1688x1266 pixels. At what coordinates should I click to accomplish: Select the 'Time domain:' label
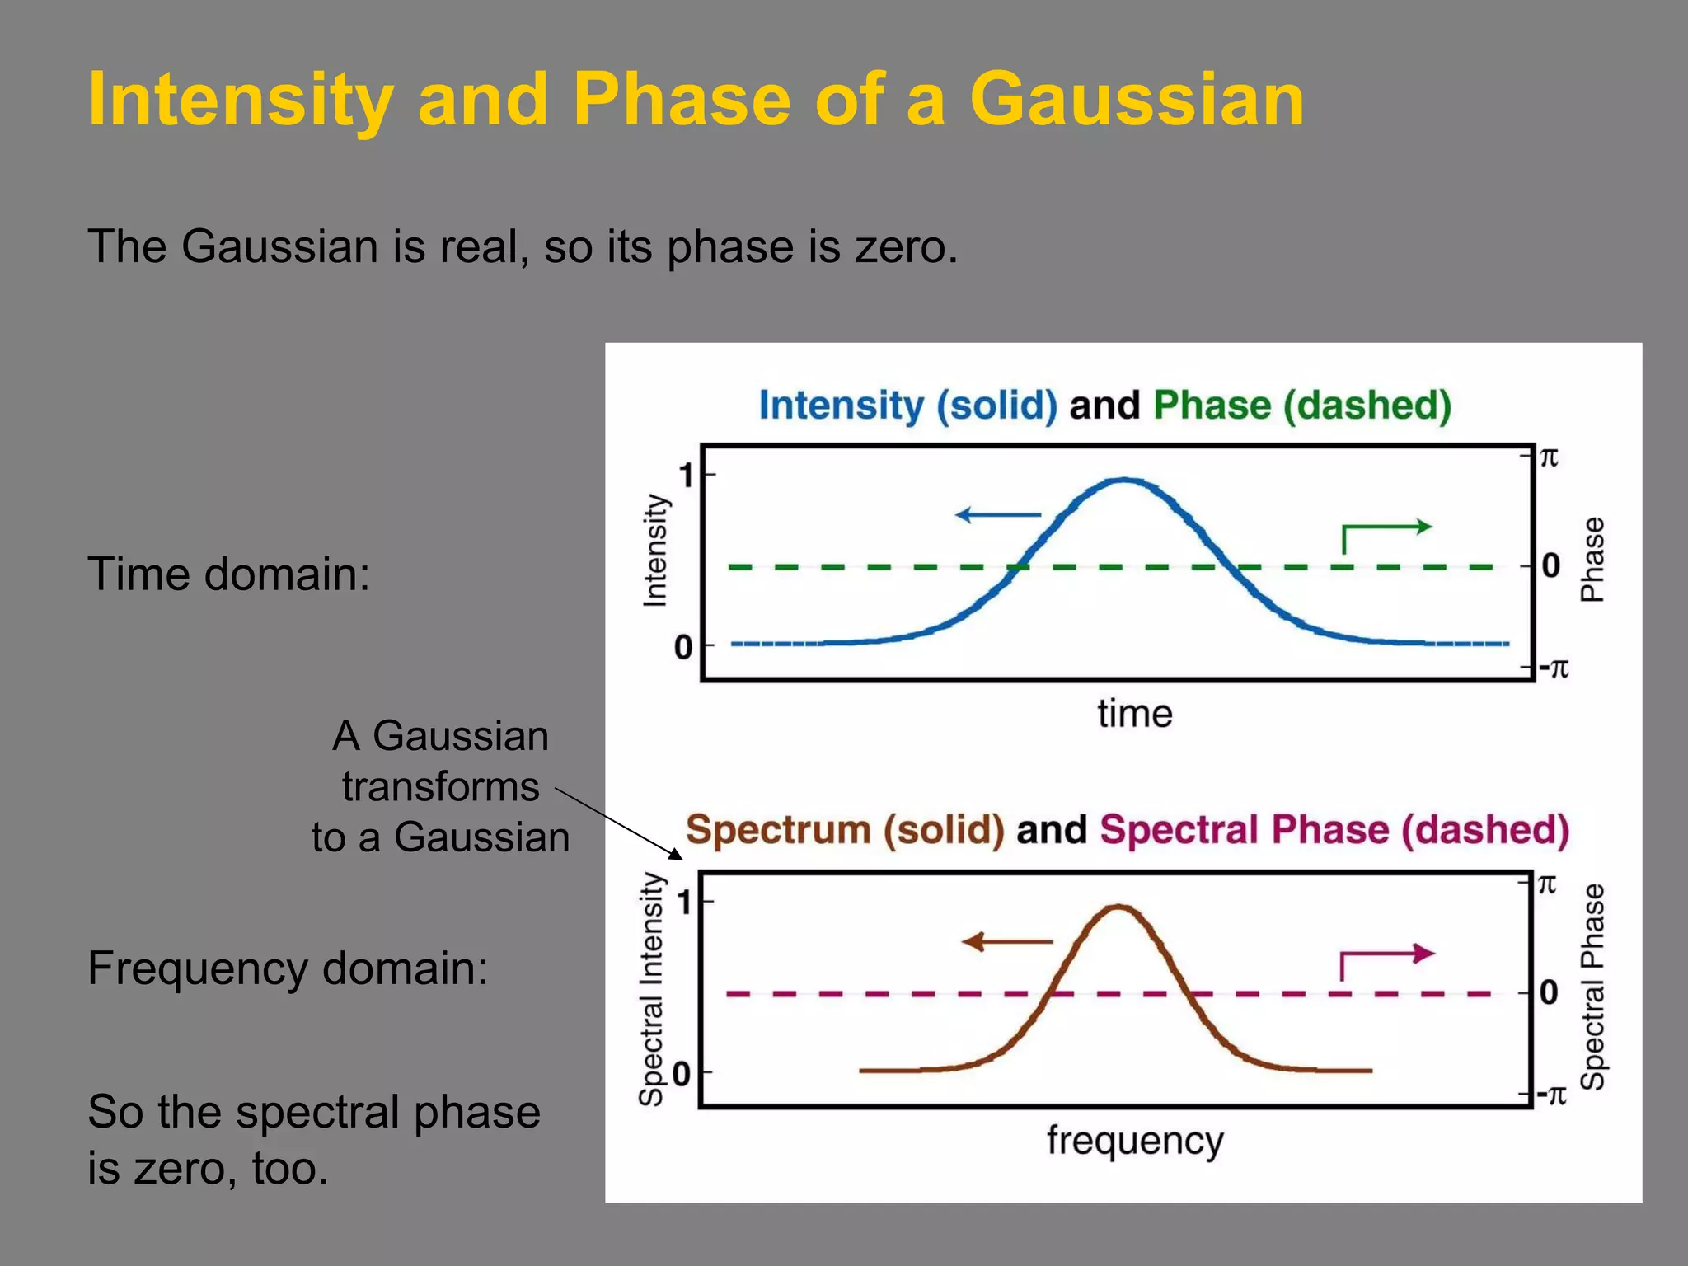(x=228, y=574)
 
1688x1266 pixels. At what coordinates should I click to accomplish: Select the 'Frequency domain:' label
(x=288, y=968)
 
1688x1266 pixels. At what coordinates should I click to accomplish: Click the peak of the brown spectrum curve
(x=1119, y=907)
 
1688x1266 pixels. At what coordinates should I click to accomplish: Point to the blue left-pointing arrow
(x=997, y=515)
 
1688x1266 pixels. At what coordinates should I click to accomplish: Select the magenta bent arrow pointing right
(x=1385, y=960)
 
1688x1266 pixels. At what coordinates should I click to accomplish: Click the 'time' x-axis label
(x=1134, y=714)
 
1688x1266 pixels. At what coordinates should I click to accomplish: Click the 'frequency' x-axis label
(x=1135, y=1141)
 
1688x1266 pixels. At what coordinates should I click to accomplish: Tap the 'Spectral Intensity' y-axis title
(x=651, y=989)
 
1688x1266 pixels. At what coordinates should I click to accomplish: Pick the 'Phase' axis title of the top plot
(x=1592, y=560)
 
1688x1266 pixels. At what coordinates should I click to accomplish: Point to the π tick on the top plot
(x=1549, y=457)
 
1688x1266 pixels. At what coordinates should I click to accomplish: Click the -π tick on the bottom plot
(x=1551, y=1095)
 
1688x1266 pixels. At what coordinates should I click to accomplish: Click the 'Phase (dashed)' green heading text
(x=1302, y=406)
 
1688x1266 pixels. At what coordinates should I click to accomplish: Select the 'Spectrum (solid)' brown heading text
(x=845, y=830)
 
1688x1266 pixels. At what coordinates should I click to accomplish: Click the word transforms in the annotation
(x=441, y=787)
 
